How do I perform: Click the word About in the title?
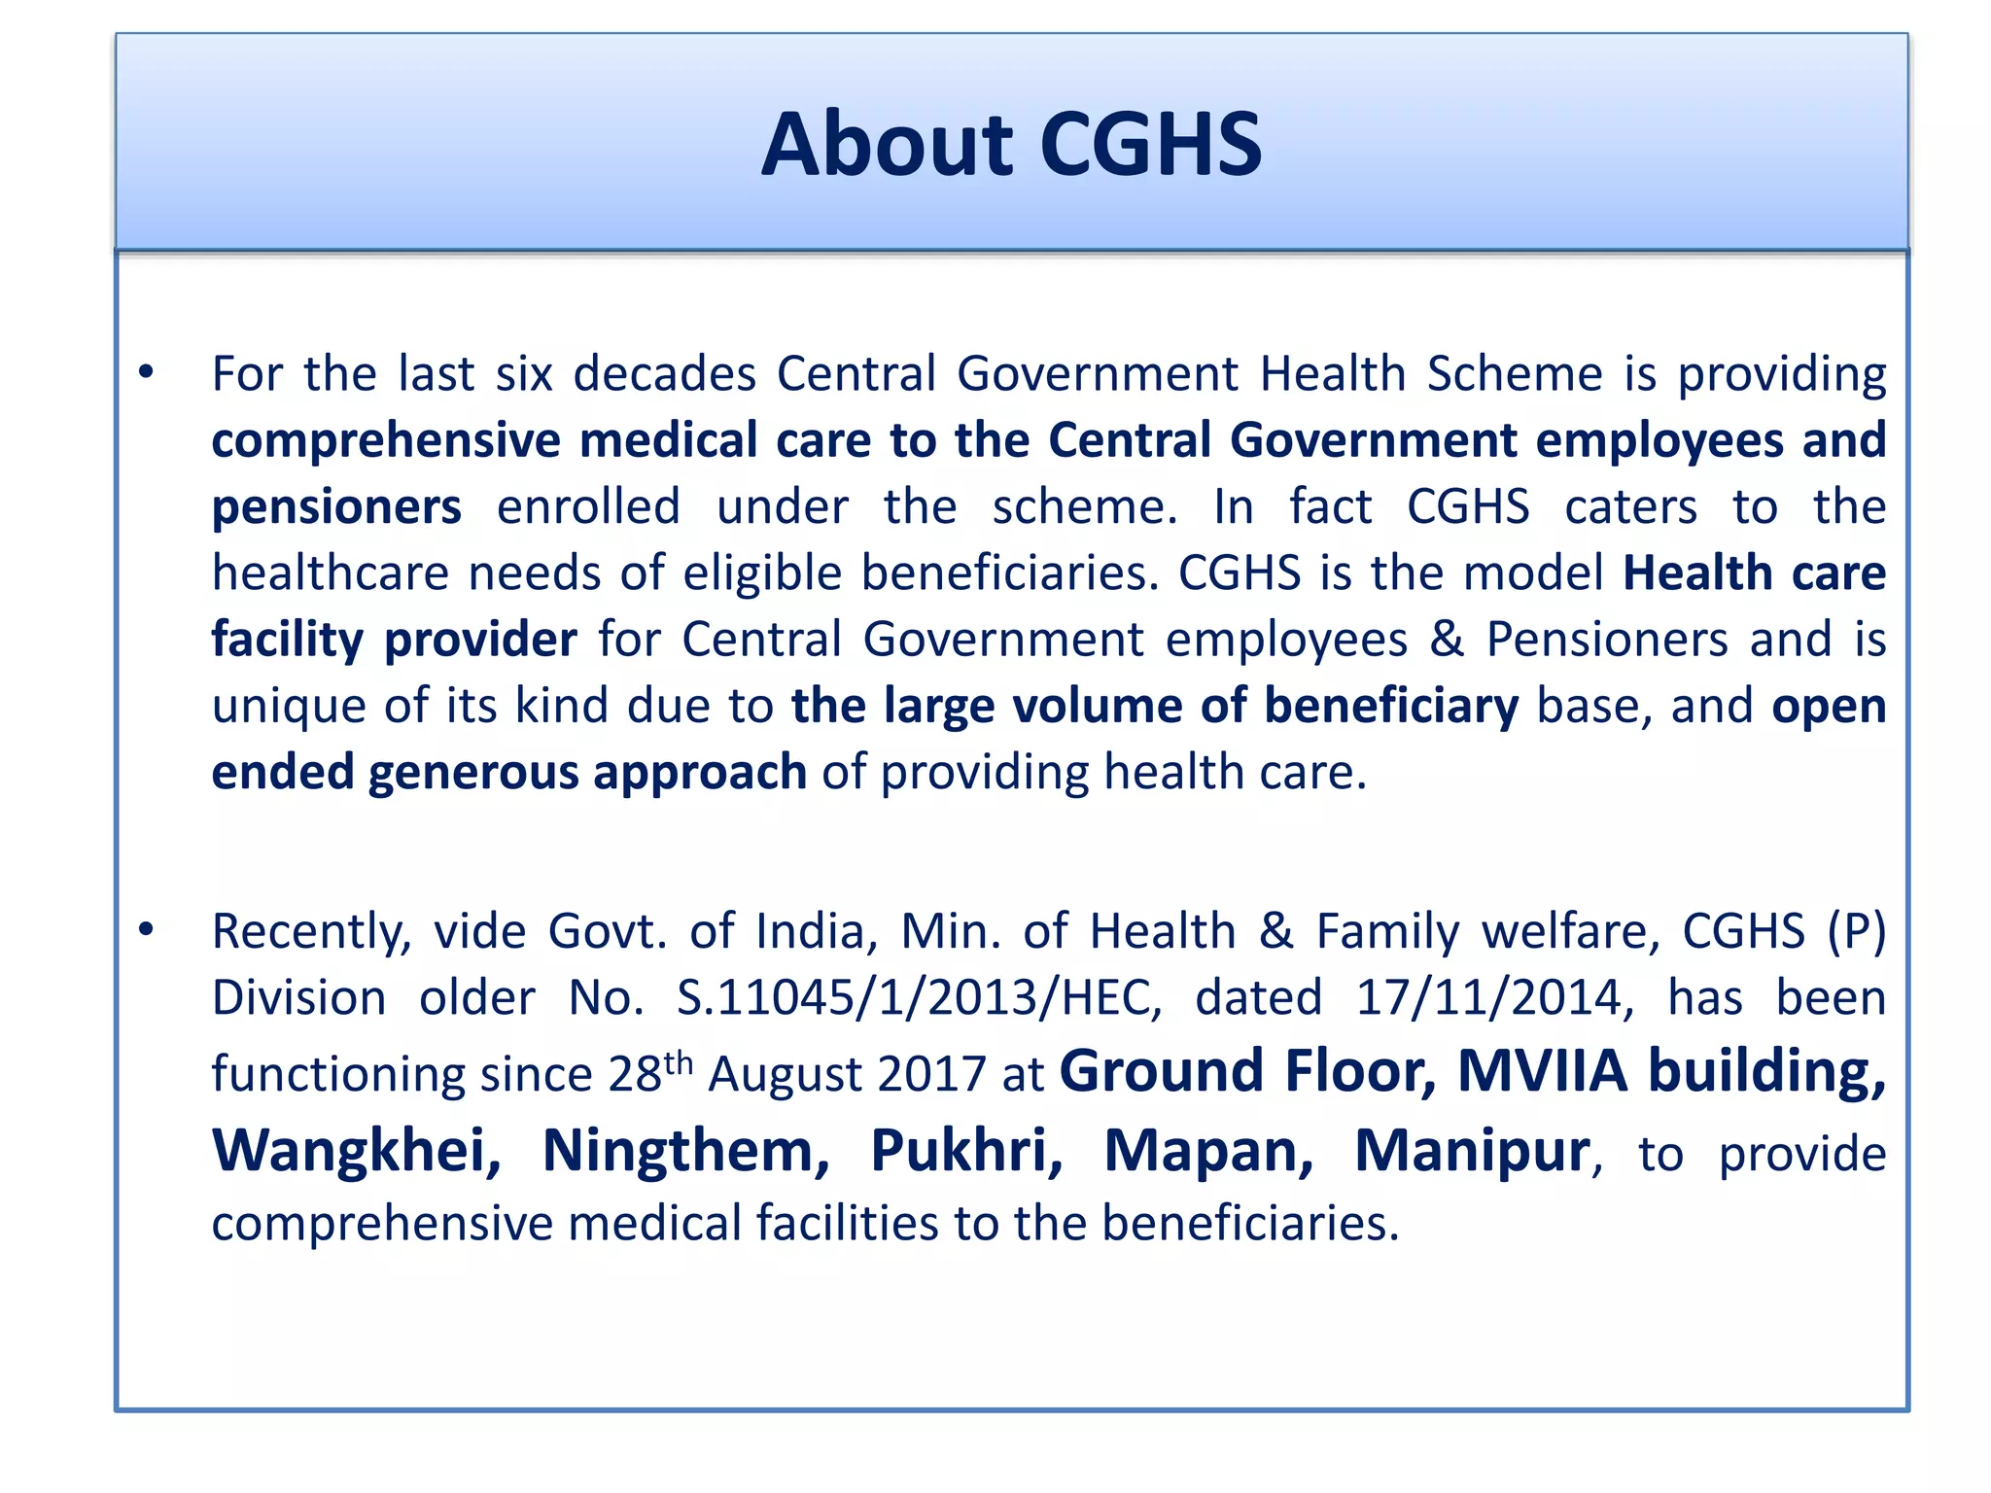pos(887,145)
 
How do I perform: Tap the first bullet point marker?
pos(146,372)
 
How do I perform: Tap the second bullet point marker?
pos(146,930)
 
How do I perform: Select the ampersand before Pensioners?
pos(1447,640)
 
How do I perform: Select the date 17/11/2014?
pos(1494,998)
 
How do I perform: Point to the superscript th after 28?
pos(679,1061)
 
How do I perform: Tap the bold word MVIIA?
pos(1542,1071)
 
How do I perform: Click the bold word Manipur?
pos(1472,1151)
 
